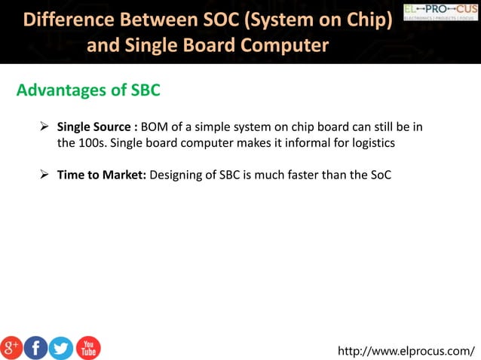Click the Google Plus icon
pos(12,347)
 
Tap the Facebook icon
pos(35,347)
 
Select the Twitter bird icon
pos(61,347)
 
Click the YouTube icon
pos(87,347)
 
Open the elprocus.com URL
pos(406,350)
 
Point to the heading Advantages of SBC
pos(88,90)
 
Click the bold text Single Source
pos(94,127)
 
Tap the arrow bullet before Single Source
pos(44,127)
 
